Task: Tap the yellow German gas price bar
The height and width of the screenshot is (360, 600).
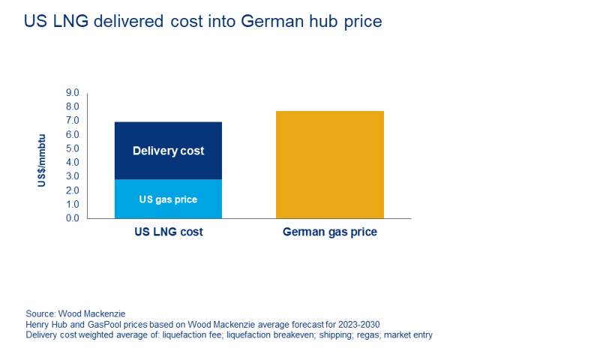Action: (x=330, y=165)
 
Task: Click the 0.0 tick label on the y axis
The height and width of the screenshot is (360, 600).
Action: (x=72, y=218)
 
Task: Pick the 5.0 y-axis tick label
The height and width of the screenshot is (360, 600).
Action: (x=72, y=148)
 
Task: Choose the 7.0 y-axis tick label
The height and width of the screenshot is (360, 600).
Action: (x=72, y=121)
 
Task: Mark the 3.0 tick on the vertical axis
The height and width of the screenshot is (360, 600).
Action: (x=72, y=176)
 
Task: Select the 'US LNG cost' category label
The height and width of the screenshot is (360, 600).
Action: (x=168, y=232)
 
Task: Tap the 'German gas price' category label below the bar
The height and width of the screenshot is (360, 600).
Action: (x=330, y=232)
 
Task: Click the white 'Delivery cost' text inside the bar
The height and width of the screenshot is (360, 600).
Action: (x=168, y=151)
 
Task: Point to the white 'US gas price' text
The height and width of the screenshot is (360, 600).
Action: (x=168, y=199)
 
